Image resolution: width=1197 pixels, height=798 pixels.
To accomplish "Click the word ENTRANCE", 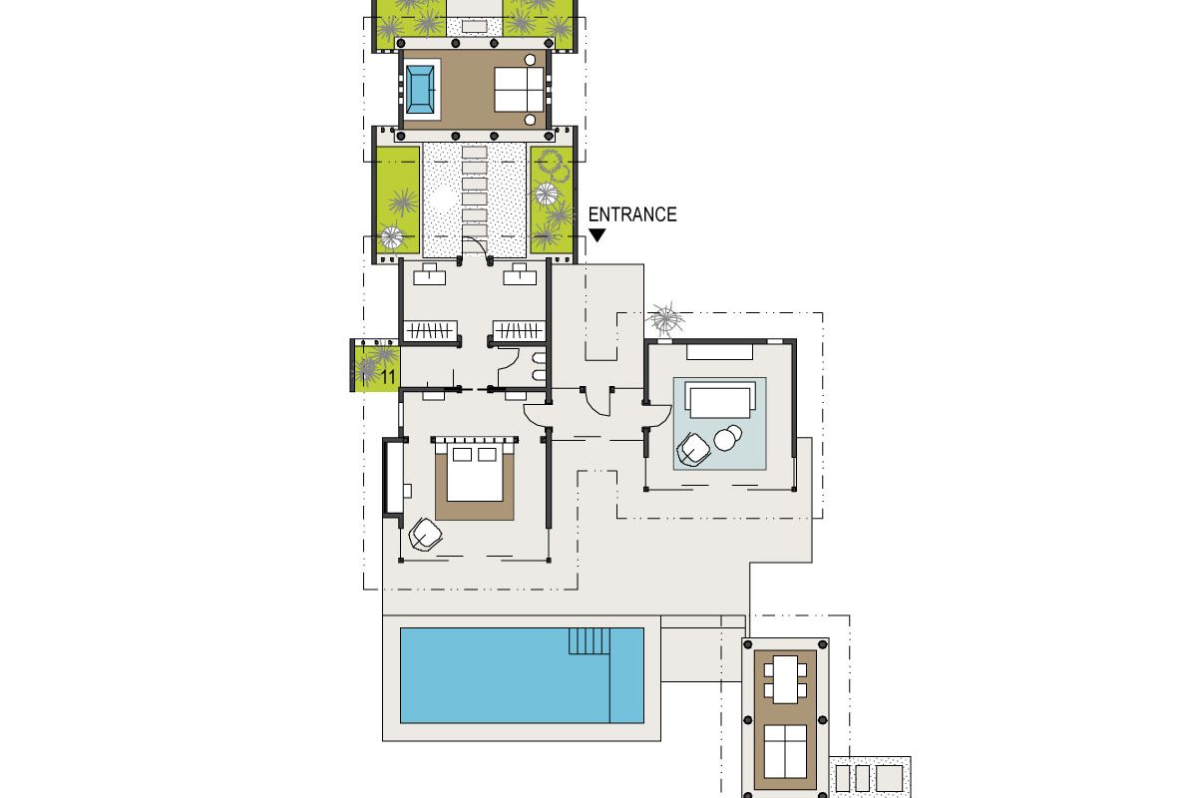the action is pyautogui.click(x=632, y=214).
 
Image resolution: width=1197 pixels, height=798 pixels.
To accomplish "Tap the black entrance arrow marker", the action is pyautogui.click(x=597, y=235).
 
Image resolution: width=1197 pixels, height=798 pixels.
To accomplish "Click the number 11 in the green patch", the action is pyautogui.click(x=388, y=376).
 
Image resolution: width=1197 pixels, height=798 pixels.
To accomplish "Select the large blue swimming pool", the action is pyautogui.click(x=522, y=675).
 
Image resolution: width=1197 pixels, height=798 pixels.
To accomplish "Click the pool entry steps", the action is pyautogui.click(x=589, y=640).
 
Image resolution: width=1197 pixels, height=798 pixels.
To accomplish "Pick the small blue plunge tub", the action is pyautogui.click(x=420, y=89).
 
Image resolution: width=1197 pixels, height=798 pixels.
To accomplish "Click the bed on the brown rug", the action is pyautogui.click(x=475, y=471).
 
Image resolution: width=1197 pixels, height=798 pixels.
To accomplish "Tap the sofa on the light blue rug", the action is pyautogui.click(x=720, y=401).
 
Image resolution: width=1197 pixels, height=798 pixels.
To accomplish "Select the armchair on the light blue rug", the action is pyautogui.click(x=693, y=450).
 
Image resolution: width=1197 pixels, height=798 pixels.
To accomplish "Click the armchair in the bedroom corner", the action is pyautogui.click(x=425, y=534).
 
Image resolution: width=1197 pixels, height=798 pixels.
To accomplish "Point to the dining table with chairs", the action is pyautogui.click(x=786, y=679).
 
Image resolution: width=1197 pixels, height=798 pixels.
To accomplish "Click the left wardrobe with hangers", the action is pyautogui.click(x=430, y=330).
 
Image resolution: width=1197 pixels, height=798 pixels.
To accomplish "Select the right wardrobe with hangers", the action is pyautogui.click(x=519, y=330).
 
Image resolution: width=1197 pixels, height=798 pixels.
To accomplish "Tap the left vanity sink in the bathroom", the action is pyautogui.click(x=430, y=274).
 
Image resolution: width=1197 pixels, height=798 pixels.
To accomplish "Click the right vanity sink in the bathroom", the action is pyautogui.click(x=520, y=274).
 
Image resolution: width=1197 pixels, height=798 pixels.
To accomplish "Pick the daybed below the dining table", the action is pyautogui.click(x=786, y=750).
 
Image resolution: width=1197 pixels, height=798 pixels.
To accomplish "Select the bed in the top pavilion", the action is pyautogui.click(x=519, y=89).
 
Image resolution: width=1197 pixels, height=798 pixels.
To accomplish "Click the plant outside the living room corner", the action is pyautogui.click(x=664, y=319).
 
